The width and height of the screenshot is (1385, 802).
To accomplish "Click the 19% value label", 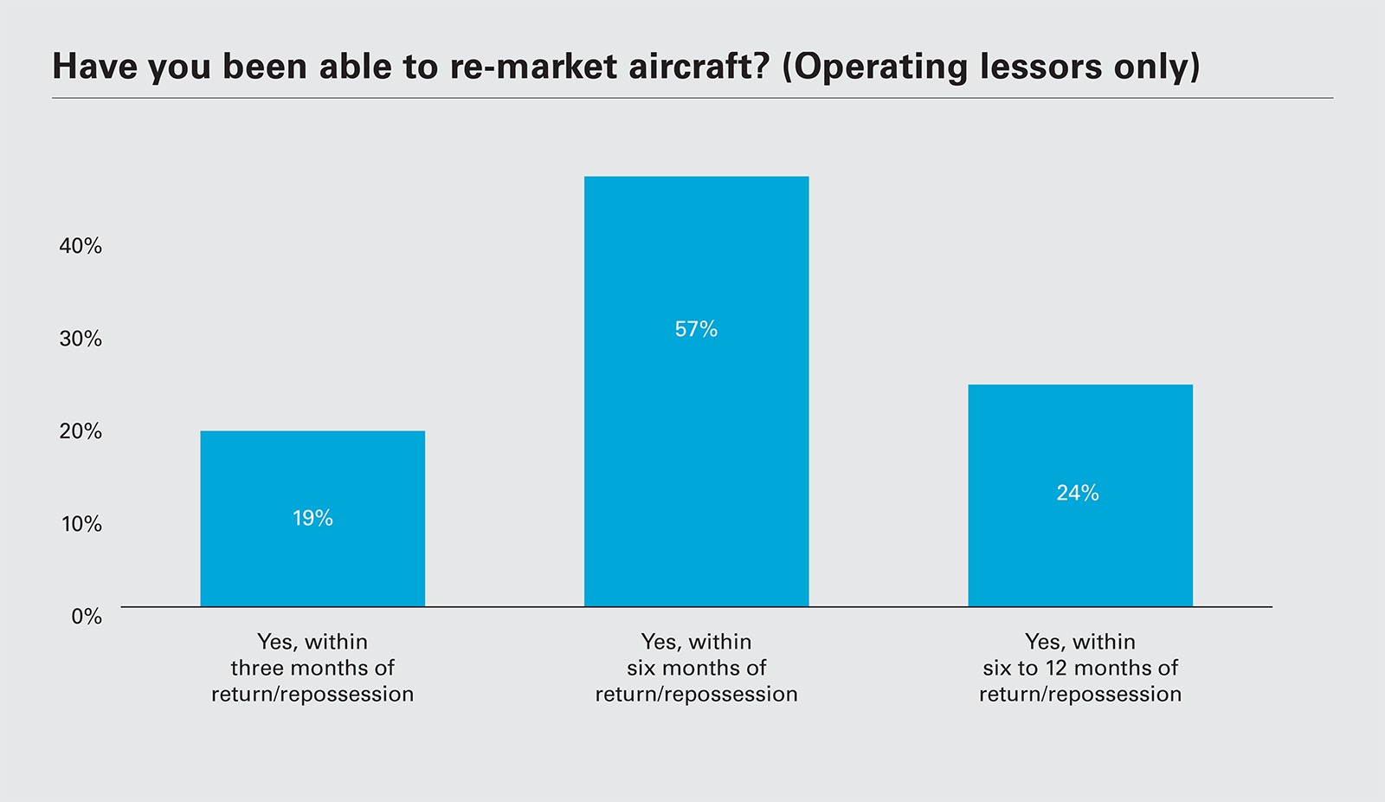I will (312, 518).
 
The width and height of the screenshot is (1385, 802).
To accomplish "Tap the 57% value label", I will (696, 329).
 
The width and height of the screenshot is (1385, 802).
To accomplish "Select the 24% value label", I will (1078, 493).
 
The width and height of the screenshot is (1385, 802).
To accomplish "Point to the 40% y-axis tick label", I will (81, 246).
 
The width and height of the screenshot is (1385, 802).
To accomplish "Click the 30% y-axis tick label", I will (81, 339).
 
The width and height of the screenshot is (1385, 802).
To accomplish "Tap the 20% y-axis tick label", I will (81, 431).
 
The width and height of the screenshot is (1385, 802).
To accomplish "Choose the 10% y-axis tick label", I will (81, 524).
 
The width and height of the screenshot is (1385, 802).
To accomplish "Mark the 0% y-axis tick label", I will (87, 617).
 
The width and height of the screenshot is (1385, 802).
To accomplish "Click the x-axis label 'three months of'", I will (312, 668).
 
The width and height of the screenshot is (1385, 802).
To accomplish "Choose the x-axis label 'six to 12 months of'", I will (1080, 668).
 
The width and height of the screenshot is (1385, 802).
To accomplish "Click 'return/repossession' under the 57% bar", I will (696, 694).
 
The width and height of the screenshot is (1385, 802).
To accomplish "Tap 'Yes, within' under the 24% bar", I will (1080, 642).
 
